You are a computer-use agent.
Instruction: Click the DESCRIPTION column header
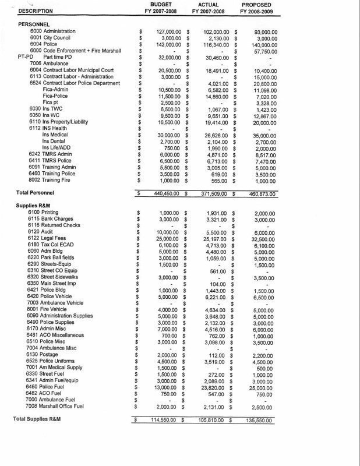pos(36,11)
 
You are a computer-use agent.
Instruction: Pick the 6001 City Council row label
pos(52,38)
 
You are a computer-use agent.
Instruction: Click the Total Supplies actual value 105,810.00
pos(211,419)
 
